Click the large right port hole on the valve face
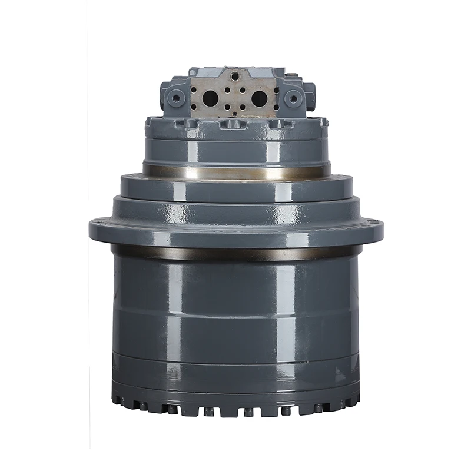259,98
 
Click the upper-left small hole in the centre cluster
228,90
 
